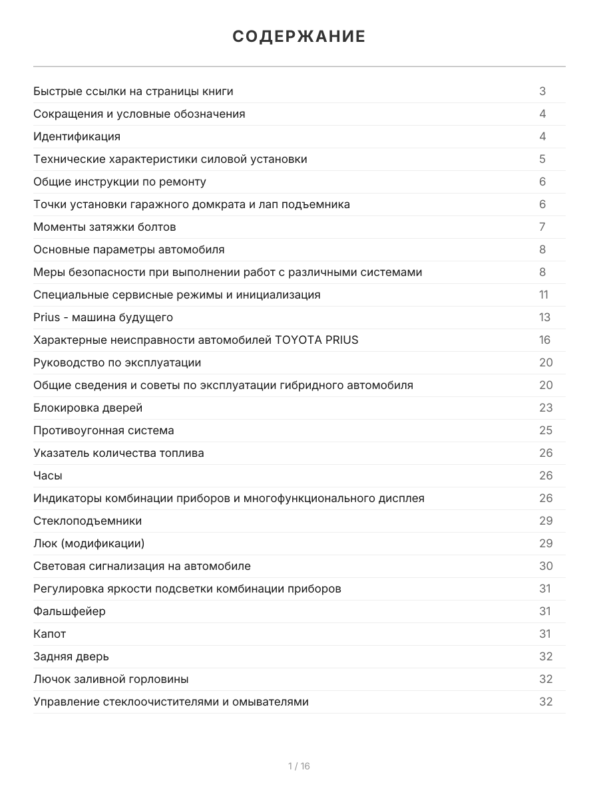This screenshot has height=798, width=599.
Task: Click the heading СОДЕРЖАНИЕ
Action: point(299,37)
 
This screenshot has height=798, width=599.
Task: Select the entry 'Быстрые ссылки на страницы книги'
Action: point(133,91)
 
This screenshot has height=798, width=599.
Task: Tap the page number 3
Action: point(542,91)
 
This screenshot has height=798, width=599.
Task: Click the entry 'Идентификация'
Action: point(77,136)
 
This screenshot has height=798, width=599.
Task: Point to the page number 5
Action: point(542,159)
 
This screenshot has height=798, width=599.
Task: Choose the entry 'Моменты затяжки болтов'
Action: point(104,227)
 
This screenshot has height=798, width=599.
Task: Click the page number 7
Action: point(542,227)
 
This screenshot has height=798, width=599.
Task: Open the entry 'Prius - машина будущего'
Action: point(103,317)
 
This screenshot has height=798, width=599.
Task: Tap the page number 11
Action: point(544,295)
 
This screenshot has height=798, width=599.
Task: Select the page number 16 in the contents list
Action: point(545,340)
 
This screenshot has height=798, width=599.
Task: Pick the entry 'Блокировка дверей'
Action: point(88,408)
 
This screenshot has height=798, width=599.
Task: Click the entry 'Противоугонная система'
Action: point(104,430)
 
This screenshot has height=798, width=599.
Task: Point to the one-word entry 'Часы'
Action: point(48,475)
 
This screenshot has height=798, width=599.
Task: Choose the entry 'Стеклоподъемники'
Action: point(87,521)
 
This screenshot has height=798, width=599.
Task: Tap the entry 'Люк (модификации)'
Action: point(89,543)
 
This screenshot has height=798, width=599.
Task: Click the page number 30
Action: point(546,566)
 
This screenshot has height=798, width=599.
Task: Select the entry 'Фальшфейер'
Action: point(69,611)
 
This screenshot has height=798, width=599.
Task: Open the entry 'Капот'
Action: point(50,634)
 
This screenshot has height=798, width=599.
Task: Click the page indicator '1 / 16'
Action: point(299,766)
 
